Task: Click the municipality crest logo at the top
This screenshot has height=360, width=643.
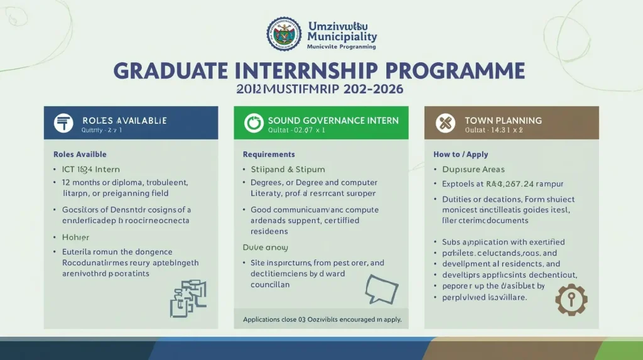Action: (x=284, y=35)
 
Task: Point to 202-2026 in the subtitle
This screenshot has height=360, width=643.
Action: (x=374, y=89)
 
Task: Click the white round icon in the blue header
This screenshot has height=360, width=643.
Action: (x=63, y=123)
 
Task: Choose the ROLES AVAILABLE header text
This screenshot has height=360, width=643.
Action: (x=124, y=120)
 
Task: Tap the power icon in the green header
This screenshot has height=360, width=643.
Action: (x=253, y=123)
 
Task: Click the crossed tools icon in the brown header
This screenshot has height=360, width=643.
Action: (x=445, y=123)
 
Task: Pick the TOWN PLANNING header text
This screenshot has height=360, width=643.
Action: (x=503, y=120)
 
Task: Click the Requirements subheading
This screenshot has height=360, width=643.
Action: (x=269, y=154)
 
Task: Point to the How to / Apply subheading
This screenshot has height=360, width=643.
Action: (x=460, y=154)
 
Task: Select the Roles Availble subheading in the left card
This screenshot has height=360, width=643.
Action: (x=80, y=154)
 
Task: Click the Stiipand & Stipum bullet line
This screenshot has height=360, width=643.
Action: (x=279, y=169)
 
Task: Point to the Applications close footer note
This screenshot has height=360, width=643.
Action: (x=322, y=320)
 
